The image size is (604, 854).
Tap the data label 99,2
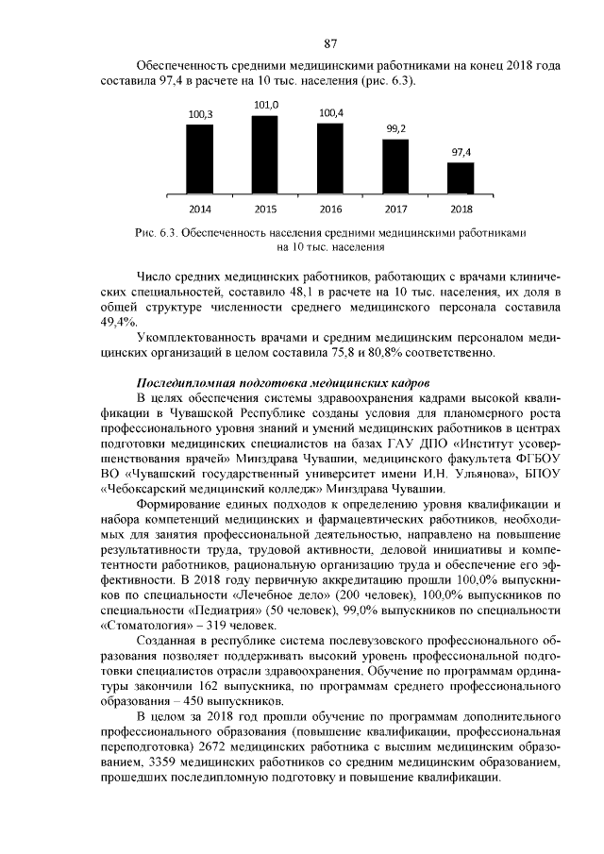pos(395,128)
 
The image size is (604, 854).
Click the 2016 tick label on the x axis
pos(330,209)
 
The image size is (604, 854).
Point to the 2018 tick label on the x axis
pos(461,209)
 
